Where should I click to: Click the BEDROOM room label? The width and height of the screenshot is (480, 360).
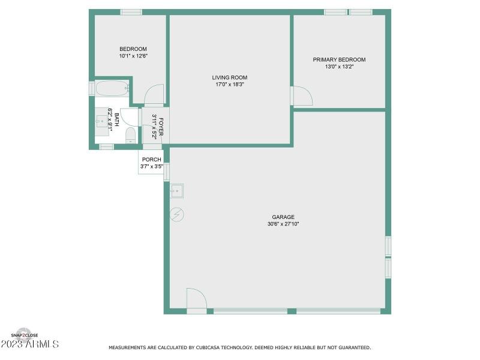[x=133, y=49]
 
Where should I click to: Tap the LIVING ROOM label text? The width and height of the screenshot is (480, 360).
[x=229, y=77]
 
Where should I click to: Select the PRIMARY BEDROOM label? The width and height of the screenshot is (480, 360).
[x=339, y=59]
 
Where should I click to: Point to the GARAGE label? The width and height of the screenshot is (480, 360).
[x=283, y=217]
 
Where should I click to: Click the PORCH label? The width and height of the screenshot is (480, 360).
[x=151, y=160]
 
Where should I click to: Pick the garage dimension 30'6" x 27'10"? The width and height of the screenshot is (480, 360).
[x=283, y=224]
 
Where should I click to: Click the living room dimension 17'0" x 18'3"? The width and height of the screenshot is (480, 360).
[x=229, y=85]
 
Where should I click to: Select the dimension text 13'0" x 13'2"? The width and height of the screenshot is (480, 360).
[x=339, y=67]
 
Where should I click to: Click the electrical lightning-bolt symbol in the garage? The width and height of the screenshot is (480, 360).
[x=177, y=214]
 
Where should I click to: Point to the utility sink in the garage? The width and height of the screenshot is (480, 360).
[x=177, y=191]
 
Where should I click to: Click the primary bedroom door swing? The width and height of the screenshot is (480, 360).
[x=301, y=96]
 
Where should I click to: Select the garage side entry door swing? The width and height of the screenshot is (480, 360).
[x=196, y=298]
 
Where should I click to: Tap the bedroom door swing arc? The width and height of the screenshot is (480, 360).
[x=154, y=94]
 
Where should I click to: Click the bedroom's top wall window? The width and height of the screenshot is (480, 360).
[x=131, y=12]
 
